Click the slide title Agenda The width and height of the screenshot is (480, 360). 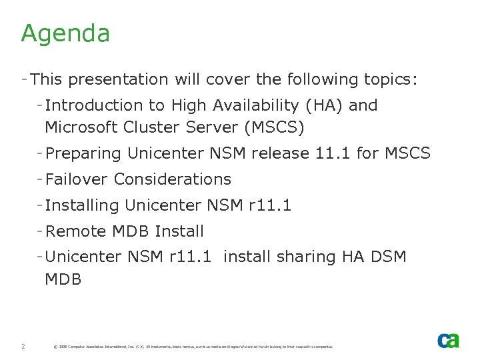coord(65,33)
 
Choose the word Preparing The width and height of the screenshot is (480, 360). coord(83,153)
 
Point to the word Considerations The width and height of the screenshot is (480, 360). coord(173,179)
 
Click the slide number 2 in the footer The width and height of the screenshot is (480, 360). coord(23,347)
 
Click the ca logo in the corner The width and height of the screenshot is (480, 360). coord(448,340)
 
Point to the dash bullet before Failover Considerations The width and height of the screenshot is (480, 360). coord(41,179)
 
